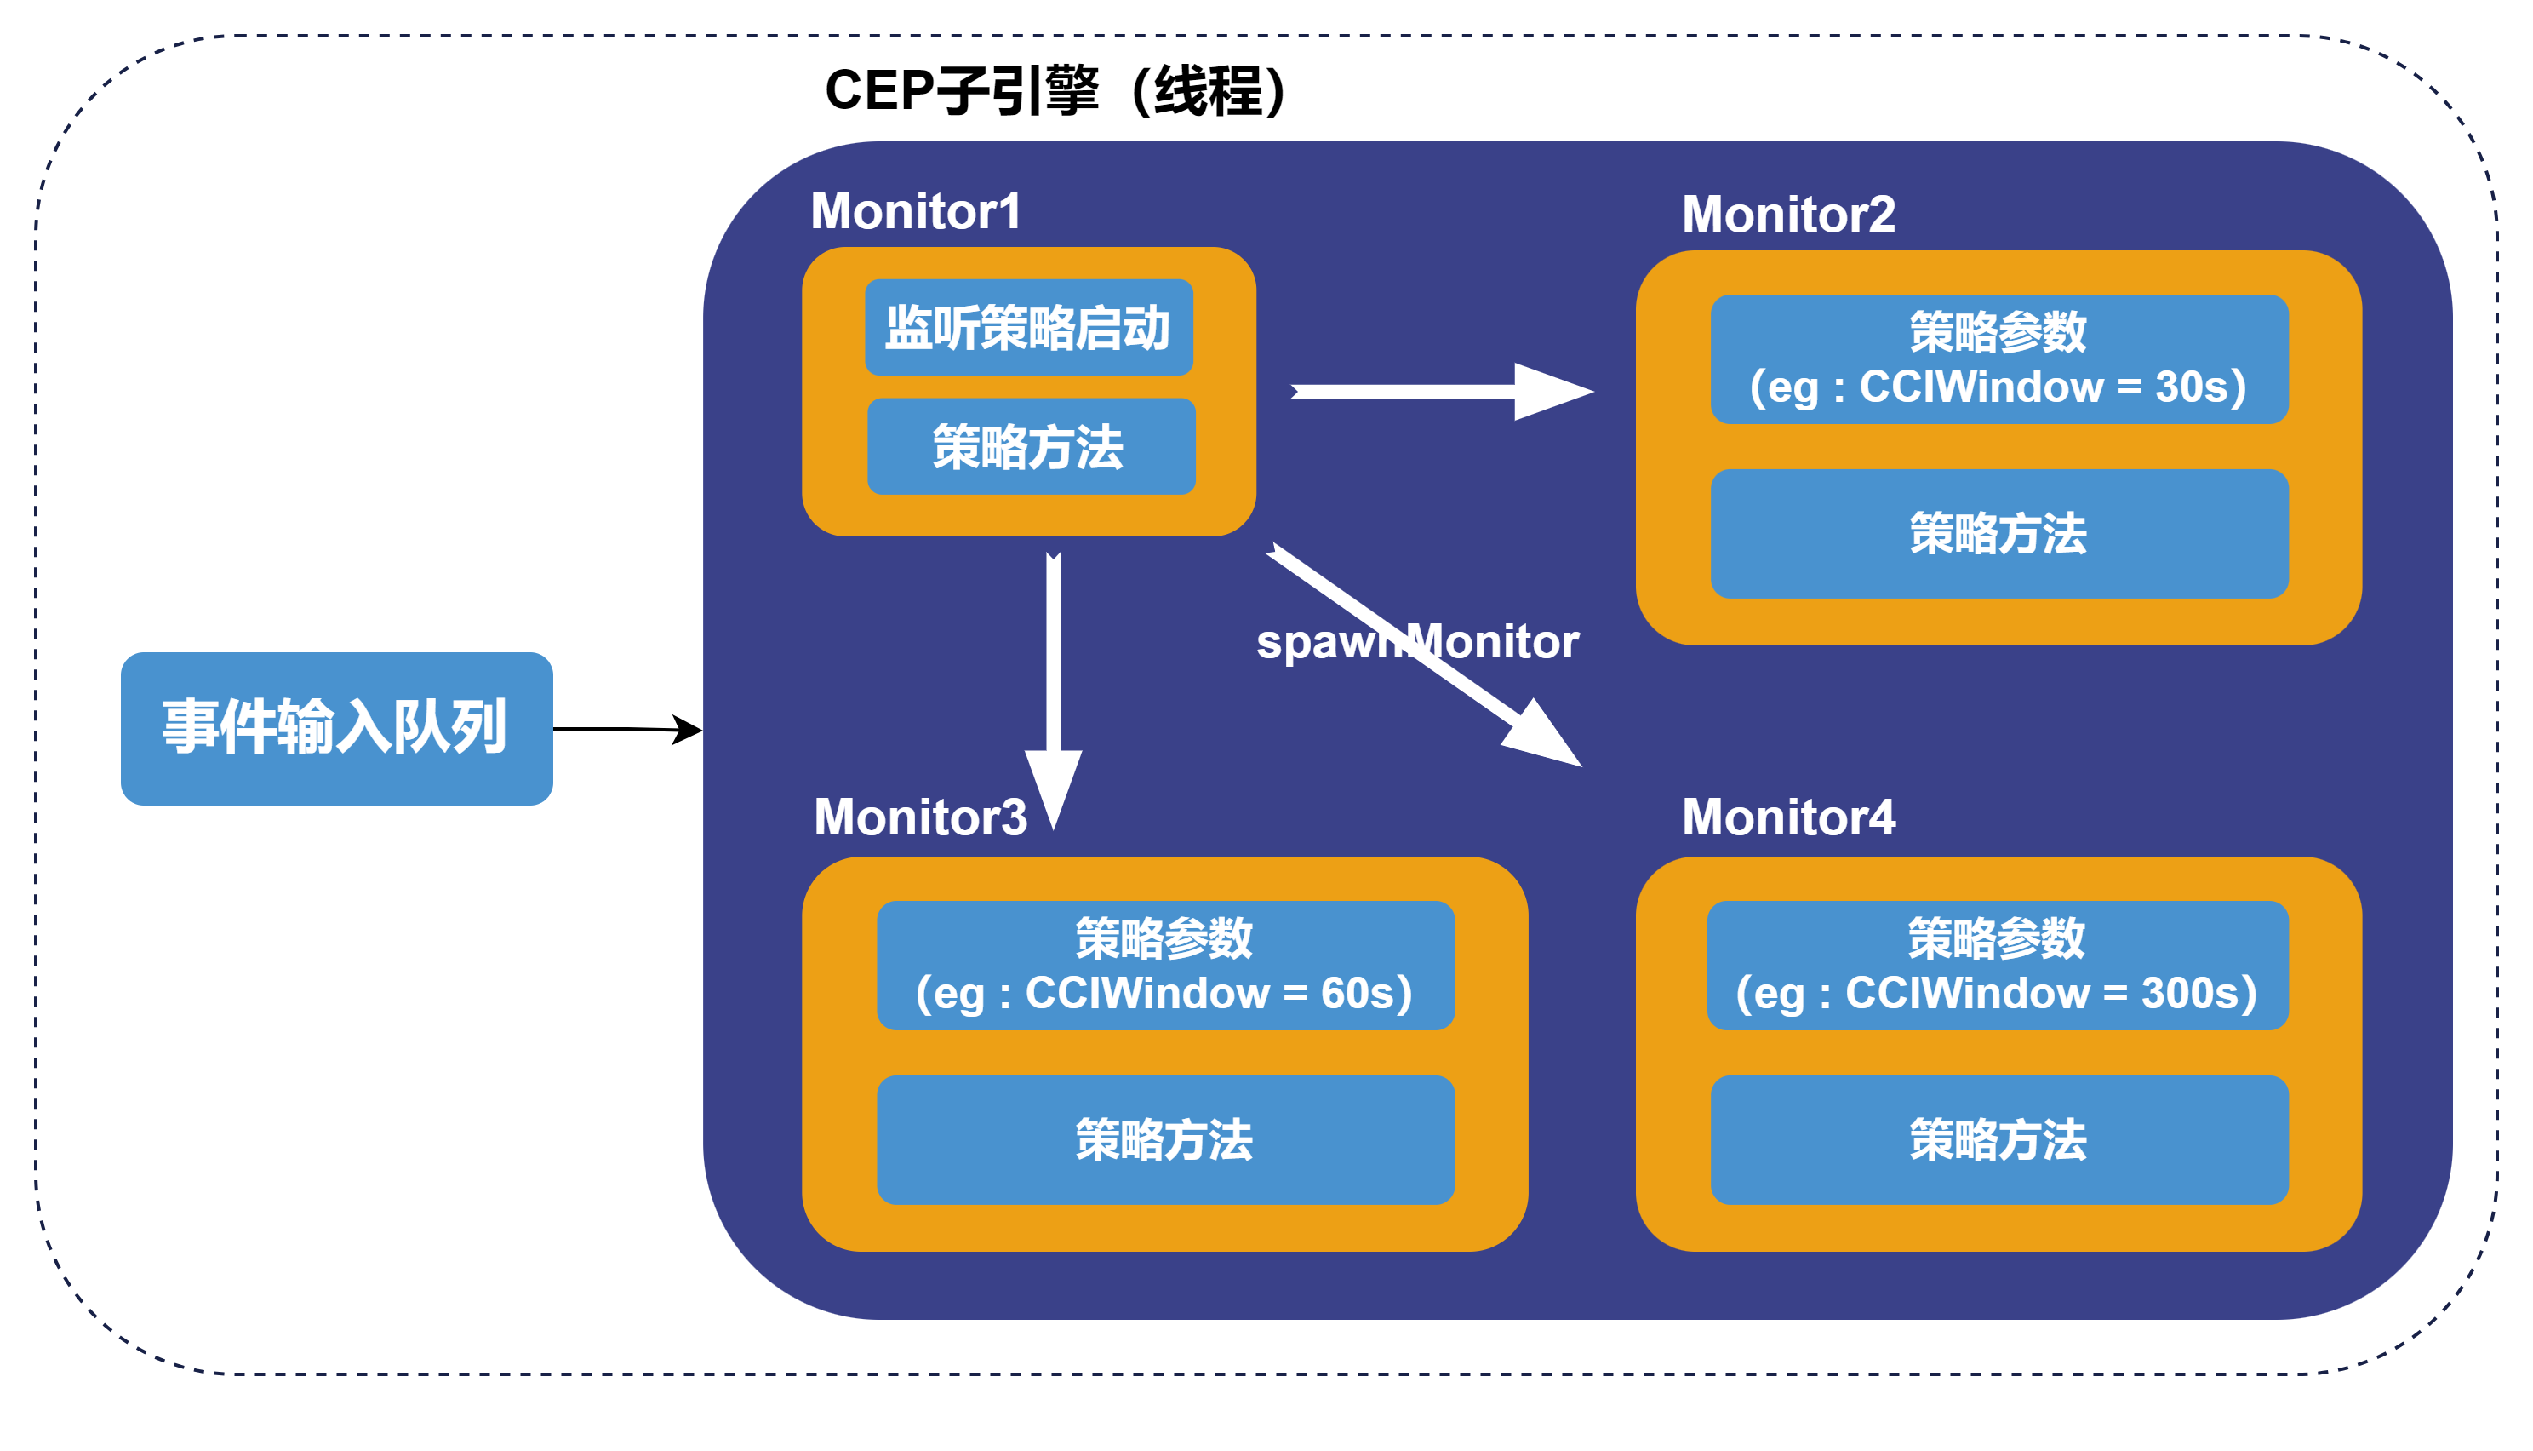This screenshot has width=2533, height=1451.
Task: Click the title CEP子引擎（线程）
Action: [1058, 92]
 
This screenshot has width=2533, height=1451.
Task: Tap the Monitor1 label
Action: [915, 211]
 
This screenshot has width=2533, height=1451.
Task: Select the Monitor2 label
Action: [1788, 215]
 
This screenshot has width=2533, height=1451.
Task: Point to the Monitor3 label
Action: [920, 817]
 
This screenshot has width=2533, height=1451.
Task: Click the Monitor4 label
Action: [1788, 817]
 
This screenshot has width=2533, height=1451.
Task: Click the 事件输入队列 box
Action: [337, 729]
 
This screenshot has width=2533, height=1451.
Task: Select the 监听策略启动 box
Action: [1029, 327]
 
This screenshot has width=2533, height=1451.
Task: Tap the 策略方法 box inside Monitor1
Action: [1031, 446]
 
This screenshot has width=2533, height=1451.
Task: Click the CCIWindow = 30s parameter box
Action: [1999, 358]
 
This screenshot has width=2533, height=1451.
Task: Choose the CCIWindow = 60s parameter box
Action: [1165, 965]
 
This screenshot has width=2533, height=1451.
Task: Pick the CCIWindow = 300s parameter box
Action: [1997, 965]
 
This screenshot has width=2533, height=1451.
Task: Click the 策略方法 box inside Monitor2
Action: [1999, 533]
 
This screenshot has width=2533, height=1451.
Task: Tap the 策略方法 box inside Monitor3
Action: [1165, 1139]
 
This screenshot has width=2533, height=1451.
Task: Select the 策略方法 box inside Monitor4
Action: [1999, 1139]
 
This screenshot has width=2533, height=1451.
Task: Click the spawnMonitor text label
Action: [1417, 642]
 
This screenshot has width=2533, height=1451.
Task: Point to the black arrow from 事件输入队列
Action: [627, 730]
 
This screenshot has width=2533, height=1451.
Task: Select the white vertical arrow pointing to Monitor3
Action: [1053, 691]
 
